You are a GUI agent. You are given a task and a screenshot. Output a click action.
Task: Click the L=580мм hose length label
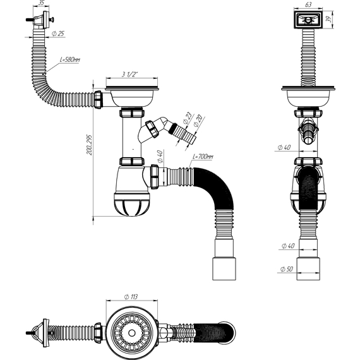click(70, 60)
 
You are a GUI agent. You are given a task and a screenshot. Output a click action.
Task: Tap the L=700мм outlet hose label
click(203, 157)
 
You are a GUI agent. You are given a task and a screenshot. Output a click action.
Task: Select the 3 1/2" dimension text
click(129, 74)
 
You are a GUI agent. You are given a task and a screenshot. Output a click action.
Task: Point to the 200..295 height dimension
click(89, 145)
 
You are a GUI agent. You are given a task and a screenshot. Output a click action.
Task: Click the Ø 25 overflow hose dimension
click(58, 33)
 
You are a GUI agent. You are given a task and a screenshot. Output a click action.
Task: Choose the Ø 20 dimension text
click(198, 121)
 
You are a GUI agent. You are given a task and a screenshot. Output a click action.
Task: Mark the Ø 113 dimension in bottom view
click(131, 297)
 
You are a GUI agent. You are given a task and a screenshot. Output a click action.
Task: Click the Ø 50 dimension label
click(287, 269)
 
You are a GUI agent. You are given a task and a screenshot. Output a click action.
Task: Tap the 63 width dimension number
click(309, 4)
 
